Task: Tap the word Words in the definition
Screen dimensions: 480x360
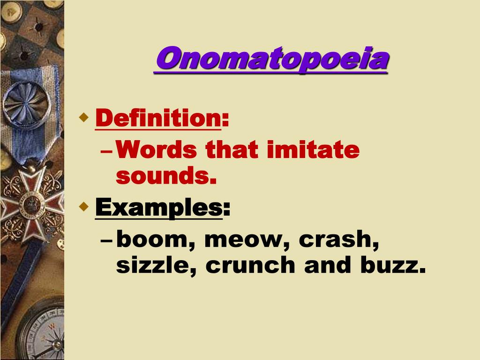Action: [156, 150]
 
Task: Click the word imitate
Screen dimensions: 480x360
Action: [313, 150]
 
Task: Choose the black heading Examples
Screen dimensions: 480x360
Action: [158, 208]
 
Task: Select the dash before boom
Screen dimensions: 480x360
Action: [106, 240]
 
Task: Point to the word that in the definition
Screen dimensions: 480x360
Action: [232, 150]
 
